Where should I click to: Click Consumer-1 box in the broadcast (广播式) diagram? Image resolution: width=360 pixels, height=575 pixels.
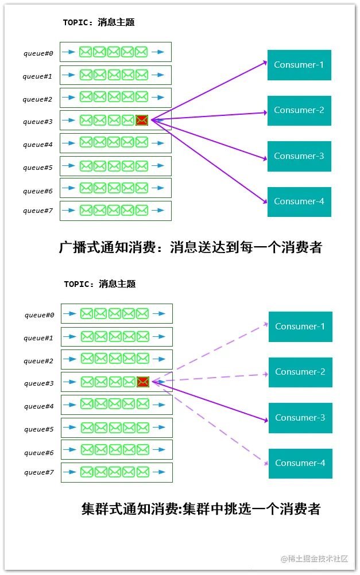click(x=299, y=65)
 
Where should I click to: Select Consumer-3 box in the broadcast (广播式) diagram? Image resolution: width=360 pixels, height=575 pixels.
click(x=299, y=156)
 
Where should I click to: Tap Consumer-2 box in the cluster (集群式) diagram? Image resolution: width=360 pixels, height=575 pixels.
click(x=300, y=372)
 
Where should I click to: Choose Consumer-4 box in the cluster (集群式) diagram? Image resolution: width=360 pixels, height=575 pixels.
click(x=300, y=463)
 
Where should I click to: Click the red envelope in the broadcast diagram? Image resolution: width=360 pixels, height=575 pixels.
click(x=142, y=120)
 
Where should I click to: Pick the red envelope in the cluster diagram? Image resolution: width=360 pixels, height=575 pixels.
click(x=143, y=382)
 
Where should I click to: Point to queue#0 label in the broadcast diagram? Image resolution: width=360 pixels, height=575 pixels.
click(x=38, y=53)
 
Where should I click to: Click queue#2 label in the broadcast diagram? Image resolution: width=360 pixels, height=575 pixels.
click(x=38, y=99)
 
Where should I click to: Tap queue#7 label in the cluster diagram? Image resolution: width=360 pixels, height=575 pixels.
click(x=39, y=472)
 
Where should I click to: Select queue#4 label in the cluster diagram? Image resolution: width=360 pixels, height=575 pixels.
click(x=39, y=406)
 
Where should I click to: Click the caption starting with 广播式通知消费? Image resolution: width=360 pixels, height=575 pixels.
click(x=191, y=247)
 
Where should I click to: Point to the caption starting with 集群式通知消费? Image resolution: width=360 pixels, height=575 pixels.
click(x=200, y=508)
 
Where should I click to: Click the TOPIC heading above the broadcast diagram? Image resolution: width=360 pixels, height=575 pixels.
click(x=99, y=22)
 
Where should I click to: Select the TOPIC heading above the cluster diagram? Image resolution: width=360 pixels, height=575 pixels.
click(x=100, y=284)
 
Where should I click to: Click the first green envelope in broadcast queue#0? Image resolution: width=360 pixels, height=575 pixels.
click(x=86, y=52)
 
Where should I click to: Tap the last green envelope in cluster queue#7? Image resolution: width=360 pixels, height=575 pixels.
click(x=143, y=472)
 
